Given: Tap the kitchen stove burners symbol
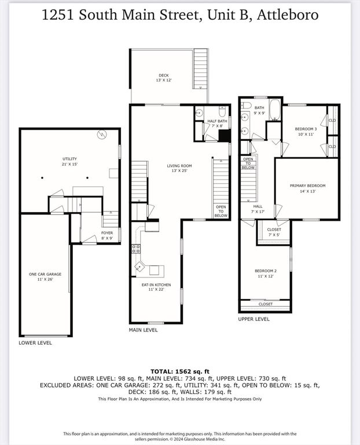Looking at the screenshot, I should coord(136,249).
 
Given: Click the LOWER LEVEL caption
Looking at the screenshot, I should coord(35,343).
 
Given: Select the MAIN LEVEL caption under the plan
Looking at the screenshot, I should coord(143,330).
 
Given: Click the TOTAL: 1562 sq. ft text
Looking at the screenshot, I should coord(179,370).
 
